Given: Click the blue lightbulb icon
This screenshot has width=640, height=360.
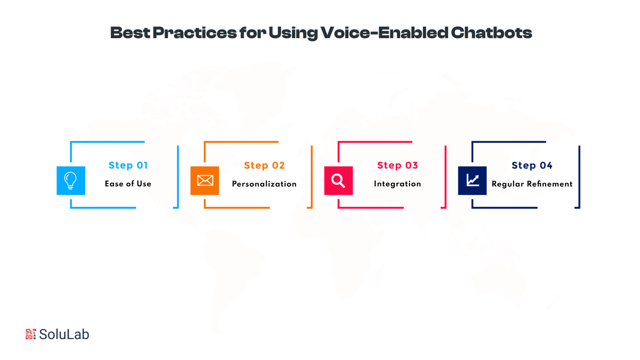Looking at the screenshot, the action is click(71, 181).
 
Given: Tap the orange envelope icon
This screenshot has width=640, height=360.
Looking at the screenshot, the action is click(205, 181).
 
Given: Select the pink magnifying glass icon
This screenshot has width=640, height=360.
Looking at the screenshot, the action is click(338, 181).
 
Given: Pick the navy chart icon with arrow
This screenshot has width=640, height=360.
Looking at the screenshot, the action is click(472, 181).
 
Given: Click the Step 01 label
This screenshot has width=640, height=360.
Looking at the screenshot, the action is click(128, 166).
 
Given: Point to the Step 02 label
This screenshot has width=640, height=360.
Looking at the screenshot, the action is click(264, 166).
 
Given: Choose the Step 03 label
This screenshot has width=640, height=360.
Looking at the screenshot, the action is click(397, 166).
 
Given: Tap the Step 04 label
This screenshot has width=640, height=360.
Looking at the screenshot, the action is click(532, 166).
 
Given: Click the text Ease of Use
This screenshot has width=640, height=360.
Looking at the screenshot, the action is click(128, 184).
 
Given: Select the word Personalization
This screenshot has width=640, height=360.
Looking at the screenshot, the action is click(264, 184).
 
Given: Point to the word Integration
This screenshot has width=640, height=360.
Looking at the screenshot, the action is click(397, 184).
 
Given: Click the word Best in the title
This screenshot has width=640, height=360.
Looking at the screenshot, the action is click(130, 33).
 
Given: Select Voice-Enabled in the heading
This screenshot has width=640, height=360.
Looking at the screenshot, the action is click(384, 33).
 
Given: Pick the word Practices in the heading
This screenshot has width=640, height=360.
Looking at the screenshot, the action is click(195, 33).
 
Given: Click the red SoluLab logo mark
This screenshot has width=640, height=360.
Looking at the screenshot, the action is click(31, 334).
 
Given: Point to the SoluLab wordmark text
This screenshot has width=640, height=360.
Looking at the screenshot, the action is click(64, 334).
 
